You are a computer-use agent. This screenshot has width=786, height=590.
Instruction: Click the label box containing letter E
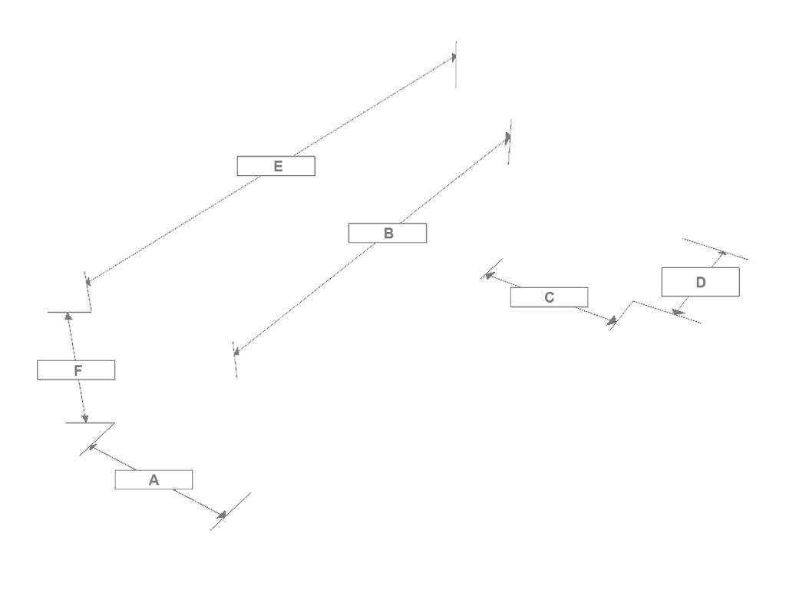[x=276, y=166]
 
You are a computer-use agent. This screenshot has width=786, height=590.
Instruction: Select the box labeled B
[x=388, y=234]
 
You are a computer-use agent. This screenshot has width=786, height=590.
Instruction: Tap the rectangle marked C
[x=549, y=297]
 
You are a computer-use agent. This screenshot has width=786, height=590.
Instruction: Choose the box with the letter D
[x=700, y=282]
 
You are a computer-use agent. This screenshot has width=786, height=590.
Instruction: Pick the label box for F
[x=76, y=370]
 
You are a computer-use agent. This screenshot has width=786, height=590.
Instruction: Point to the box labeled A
[x=154, y=479]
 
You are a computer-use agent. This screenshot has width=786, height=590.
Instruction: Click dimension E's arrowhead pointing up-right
[x=454, y=57]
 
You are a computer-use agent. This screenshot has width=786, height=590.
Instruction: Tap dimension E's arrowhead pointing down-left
[x=88, y=281]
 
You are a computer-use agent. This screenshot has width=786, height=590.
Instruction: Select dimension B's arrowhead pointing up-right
[x=508, y=137]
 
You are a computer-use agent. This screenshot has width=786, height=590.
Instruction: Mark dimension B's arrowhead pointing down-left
[x=236, y=352]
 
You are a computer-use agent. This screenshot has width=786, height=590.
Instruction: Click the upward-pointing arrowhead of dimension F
[x=68, y=316]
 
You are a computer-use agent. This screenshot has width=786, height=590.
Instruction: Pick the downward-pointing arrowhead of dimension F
[x=84, y=419]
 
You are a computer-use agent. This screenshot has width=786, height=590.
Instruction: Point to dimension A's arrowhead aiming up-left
[x=92, y=447]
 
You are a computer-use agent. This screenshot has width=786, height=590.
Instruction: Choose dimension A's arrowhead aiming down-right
[x=221, y=514]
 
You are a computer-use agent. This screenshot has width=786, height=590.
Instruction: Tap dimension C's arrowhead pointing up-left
[x=490, y=276]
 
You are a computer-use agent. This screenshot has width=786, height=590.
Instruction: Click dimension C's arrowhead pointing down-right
[x=612, y=320]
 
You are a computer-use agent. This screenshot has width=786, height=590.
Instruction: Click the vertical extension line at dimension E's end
[x=456, y=65]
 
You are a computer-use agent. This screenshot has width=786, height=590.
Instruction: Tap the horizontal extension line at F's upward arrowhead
[x=70, y=312]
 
